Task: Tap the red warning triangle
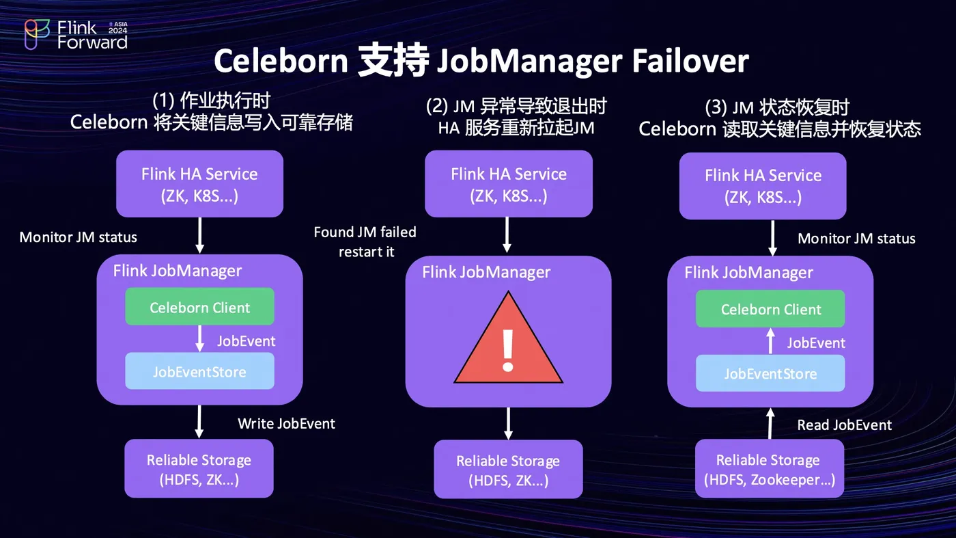coord(508,340)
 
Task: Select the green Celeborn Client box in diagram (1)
coord(199,307)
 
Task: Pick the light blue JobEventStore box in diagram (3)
coord(770,374)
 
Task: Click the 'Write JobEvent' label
coord(286,424)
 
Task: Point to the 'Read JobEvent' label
coord(844,425)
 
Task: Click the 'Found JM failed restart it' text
coord(365,242)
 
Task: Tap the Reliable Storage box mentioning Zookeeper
coord(770,469)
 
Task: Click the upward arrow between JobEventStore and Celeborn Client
coord(770,340)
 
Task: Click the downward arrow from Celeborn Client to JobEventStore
coord(200,338)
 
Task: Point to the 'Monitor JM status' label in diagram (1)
coord(78,237)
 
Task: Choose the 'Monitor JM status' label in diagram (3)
coord(856,239)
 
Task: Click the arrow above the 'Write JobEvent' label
coord(199,421)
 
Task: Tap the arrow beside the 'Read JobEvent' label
coord(770,423)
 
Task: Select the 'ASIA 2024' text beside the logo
coord(117,28)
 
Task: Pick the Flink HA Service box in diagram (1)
coord(199,183)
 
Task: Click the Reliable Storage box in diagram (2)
coord(508,470)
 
